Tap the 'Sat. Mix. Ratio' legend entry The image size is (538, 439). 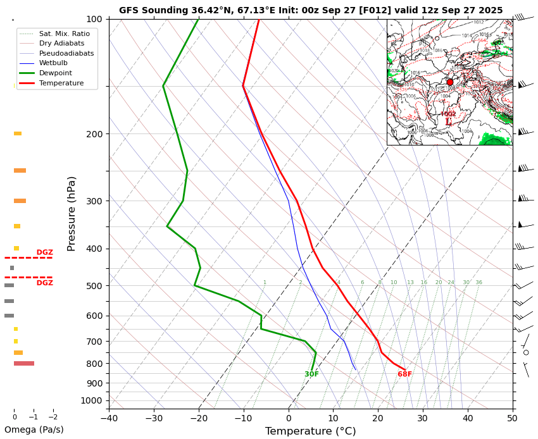coord(64,33)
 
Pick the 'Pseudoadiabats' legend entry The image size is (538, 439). coord(66,53)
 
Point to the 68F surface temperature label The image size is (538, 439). coord(404,374)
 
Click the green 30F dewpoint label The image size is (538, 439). coord(311,374)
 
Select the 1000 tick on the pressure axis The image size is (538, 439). coord(91,400)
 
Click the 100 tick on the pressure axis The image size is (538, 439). coord(94,20)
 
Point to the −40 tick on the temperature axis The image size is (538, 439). coord(109,417)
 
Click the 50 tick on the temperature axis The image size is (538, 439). coord(513,417)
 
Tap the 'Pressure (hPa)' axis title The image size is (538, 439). coord(72,213)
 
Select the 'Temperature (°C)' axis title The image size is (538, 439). coord(310,431)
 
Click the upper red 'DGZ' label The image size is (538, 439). coord(44,252)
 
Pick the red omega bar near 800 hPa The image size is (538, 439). coord(24,363)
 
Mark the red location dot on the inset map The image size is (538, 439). coord(450,82)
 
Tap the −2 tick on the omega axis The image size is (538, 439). coord(53,417)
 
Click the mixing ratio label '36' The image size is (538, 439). coord(479,283)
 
